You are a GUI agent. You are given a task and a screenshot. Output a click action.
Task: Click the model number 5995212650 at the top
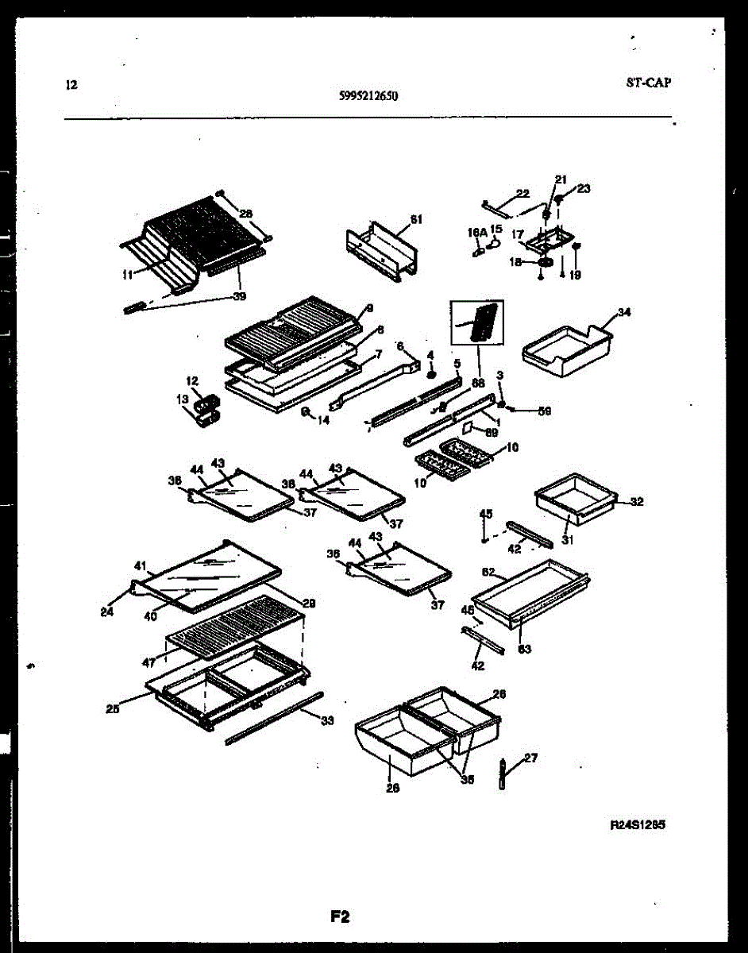pyautogui.click(x=368, y=97)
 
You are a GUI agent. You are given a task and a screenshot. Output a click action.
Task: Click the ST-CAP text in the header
pyautogui.click(x=647, y=82)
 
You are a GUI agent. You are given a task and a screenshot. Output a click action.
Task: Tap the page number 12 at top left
pyautogui.click(x=72, y=85)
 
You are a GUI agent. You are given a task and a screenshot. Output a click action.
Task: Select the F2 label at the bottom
pyautogui.click(x=340, y=917)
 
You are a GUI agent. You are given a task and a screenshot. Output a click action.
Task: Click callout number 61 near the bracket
pyautogui.click(x=417, y=219)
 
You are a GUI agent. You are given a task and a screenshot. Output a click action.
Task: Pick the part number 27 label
pyautogui.click(x=530, y=758)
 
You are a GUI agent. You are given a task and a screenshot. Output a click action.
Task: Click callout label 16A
pyautogui.click(x=476, y=233)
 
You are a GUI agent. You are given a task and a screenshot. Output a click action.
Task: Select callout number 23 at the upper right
pyautogui.click(x=584, y=188)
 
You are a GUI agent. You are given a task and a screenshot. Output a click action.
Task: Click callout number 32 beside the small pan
pyautogui.click(x=636, y=502)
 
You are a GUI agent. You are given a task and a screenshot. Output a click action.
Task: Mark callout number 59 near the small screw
pyautogui.click(x=544, y=411)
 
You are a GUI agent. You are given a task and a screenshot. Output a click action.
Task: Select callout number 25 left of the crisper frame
pyautogui.click(x=113, y=710)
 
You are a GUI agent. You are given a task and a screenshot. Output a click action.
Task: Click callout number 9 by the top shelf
pyautogui.click(x=369, y=307)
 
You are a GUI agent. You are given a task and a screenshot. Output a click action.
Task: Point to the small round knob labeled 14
pyautogui.click(x=305, y=411)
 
